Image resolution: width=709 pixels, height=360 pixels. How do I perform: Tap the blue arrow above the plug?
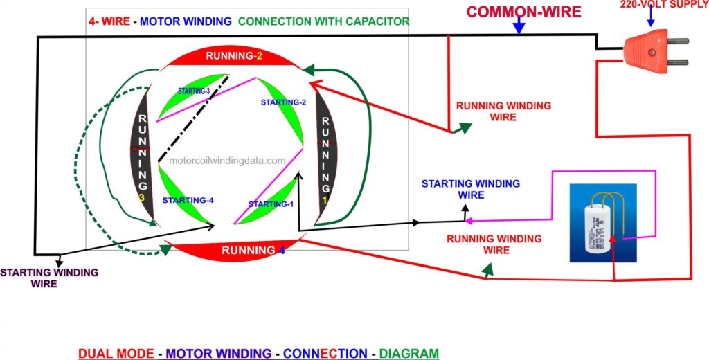pos(650,20)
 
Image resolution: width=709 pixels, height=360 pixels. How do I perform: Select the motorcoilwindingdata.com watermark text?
pos(227,161)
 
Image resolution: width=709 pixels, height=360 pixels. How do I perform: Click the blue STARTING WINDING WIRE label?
pos(470,189)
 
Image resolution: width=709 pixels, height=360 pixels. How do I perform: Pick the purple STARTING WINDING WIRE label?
pos(48,278)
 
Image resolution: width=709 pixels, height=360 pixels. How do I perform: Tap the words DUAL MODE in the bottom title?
pos(116,353)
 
